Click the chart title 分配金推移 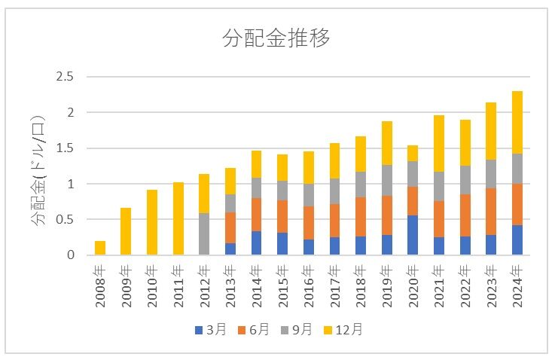point(276,38)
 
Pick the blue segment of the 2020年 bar point(413,235)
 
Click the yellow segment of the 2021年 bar point(439,143)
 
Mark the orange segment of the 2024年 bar point(517,204)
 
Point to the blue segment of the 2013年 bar point(230,249)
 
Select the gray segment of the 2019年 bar point(387,180)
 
